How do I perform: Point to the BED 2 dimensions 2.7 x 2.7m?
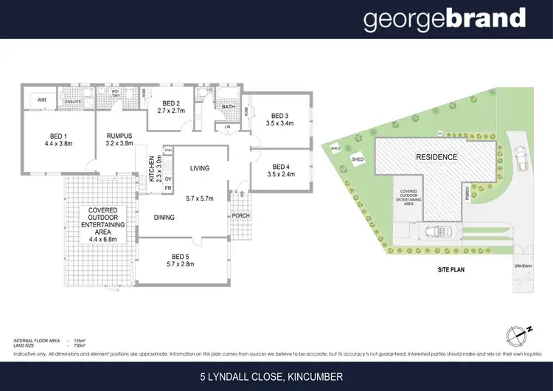point(171,111)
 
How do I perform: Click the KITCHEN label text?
point(153,170)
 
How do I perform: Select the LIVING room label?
point(200,168)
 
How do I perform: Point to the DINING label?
point(164,218)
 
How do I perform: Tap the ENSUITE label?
point(73,103)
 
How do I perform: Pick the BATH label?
point(229,107)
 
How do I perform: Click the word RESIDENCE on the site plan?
point(437,157)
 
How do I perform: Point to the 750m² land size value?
point(80,345)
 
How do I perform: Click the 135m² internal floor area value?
point(80,341)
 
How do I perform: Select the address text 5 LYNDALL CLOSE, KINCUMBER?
point(276,376)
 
